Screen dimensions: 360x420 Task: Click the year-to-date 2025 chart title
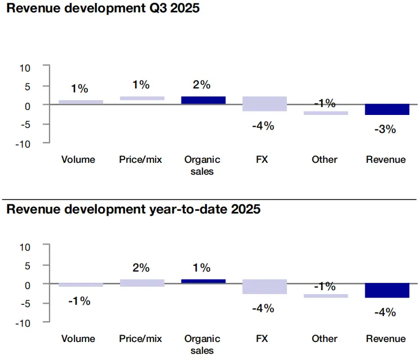(x=133, y=210)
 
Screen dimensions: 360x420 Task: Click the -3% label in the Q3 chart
(x=386, y=130)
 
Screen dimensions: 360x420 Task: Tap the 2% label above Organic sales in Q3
(x=201, y=85)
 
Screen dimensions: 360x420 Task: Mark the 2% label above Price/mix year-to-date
(x=140, y=268)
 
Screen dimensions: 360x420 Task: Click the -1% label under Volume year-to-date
(x=79, y=301)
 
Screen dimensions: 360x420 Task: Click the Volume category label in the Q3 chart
(x=78, y=159)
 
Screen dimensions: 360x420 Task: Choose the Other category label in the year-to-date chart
(x=324, y=339)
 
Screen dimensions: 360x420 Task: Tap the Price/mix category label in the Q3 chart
(x=140, y=159)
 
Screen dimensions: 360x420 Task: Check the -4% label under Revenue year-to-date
(x=386, y=312)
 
